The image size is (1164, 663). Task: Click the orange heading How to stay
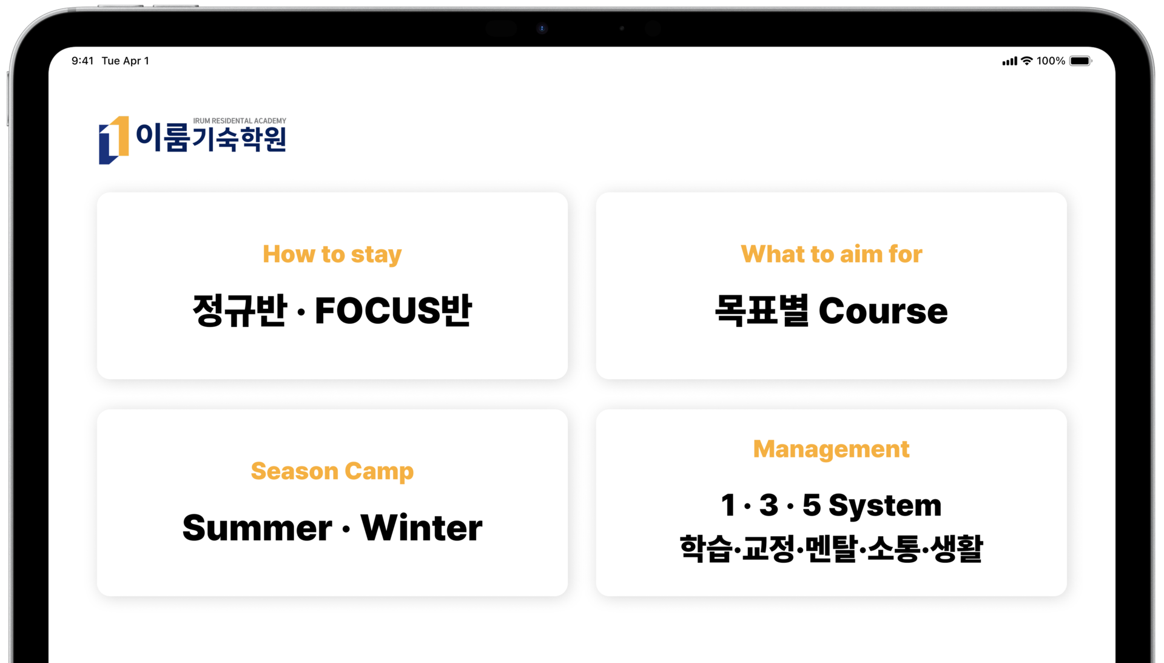coord(332,255)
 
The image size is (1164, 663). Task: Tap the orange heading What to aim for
coord(831,254)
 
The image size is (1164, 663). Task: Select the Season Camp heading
coord(332,471)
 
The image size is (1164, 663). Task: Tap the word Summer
coord(257,527)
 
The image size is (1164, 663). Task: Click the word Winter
coord(421,527)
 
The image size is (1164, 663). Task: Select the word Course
coord(883,311)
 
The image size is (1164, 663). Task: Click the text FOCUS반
coord(393,311)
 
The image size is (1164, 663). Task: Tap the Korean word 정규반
coord(240,311)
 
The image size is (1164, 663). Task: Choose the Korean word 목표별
coord(762,311)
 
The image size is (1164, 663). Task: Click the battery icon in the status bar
coord(1080,61)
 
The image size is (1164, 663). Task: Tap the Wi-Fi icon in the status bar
coord(1026,61)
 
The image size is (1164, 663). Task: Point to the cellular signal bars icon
coord(1009,61)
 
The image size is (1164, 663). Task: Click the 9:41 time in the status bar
coord(82,61)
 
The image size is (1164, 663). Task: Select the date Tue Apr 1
coord(125,61)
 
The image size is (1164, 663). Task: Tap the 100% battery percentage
coord(1051,61)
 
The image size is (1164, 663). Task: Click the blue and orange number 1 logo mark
coord(113,140)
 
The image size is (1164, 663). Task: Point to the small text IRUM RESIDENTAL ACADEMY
coord(240,121)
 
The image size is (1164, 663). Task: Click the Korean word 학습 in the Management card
coord(705,549)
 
